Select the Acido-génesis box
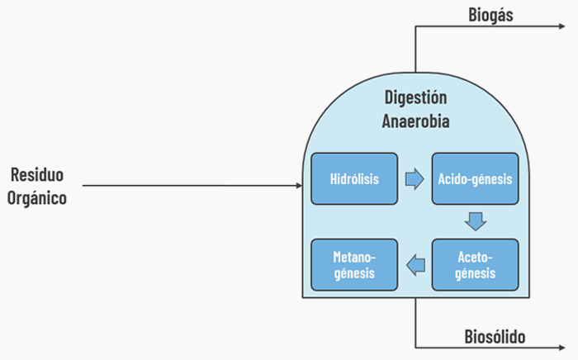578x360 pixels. (x=476, y=178)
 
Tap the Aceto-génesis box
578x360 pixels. (x=476, y=264)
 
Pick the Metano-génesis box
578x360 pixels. (x=353, y=264)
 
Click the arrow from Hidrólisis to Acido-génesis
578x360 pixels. (x=415, y=178)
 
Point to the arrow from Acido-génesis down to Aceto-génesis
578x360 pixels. (x=475, y=221)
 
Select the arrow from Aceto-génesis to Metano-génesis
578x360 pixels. (x=415, y=264)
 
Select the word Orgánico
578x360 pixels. (x=37, y=198)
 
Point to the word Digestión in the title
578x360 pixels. (x=416, y=97)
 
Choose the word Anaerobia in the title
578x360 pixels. (x=416, y=121)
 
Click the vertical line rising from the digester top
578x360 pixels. (x=415, y=48)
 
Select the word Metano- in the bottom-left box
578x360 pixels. (x=353, y=256)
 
